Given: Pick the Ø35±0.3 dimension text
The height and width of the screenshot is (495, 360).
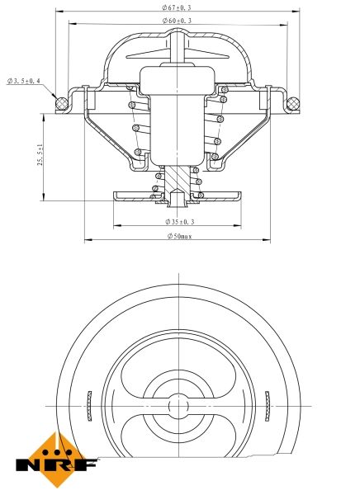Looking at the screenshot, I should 179,222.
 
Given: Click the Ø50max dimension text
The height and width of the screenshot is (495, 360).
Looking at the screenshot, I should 179,237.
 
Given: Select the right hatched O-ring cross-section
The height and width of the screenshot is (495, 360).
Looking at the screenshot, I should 291,103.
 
